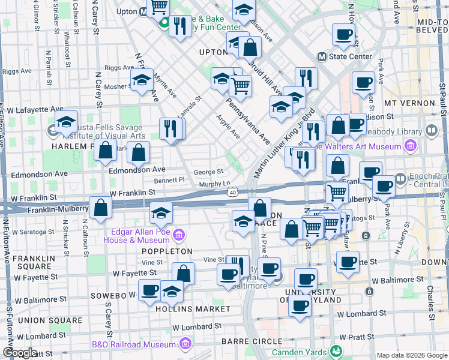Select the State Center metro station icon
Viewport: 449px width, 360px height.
[x=322, y=57]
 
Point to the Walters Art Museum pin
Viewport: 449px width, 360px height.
[x=410, y=146]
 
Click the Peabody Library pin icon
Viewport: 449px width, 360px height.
[x=430, y=130]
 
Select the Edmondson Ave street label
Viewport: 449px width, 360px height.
[x=137, y=170]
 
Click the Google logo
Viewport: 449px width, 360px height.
[x=19, y=353]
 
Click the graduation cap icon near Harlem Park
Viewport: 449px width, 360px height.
[x=66, y=122]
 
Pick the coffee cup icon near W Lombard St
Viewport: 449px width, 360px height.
[x=300, y=305]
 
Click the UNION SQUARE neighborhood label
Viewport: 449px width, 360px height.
[x=41, y=320]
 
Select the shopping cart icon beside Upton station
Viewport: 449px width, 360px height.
[x=158, y=7]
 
